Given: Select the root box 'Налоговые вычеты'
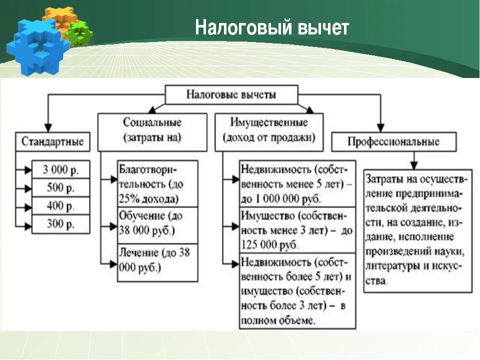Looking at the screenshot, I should tap(231, 94).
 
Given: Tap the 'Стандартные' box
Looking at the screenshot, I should tap(52, 142).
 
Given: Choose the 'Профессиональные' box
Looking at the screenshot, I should tap(393, 142).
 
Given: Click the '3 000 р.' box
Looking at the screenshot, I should tap(60, 169).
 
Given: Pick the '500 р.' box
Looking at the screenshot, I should tap(60, 188).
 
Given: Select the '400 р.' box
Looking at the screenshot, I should tap(60, 206).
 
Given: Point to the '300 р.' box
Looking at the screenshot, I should tap(60, 224).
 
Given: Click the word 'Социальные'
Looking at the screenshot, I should tap(152, 122).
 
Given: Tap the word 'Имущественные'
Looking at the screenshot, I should tap(269, 122).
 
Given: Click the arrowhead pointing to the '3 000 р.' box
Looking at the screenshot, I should tap(27, 170).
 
